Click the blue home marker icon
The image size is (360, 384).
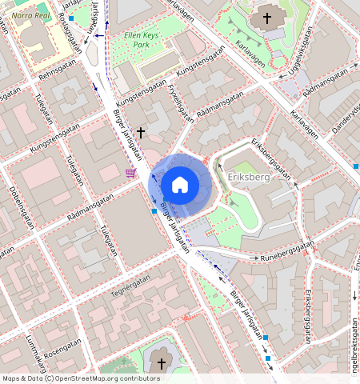[180, 186]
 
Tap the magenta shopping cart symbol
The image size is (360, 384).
[130, 173]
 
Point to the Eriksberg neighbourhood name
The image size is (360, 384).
[249, 178]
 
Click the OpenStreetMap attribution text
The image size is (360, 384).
[81, 378]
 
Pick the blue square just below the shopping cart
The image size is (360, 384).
[154, 211]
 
